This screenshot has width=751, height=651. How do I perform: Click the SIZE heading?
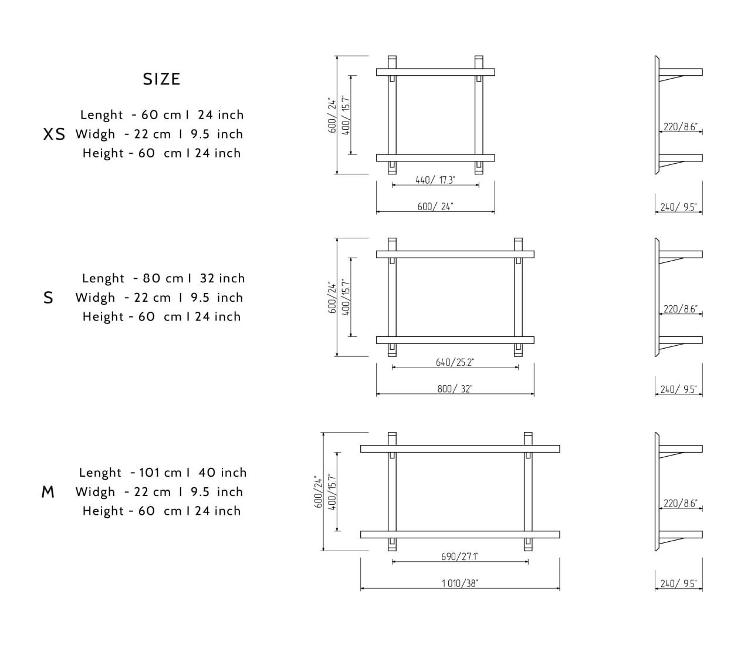(x=161, y=79)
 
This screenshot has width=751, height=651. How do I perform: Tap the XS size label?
(x=54, y=134)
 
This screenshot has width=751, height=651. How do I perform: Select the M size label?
(x=48, y=492)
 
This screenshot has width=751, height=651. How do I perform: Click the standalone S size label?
(x=48, y=298)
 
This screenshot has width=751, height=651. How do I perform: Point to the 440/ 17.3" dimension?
(x=435, y=180)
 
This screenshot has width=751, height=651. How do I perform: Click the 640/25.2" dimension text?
(x=455, y=362)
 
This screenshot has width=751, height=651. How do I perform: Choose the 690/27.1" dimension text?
(x=459, y=556)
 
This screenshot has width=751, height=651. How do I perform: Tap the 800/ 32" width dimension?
(x=455, y=389)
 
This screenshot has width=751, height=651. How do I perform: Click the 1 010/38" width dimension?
(x=459, y=583)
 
